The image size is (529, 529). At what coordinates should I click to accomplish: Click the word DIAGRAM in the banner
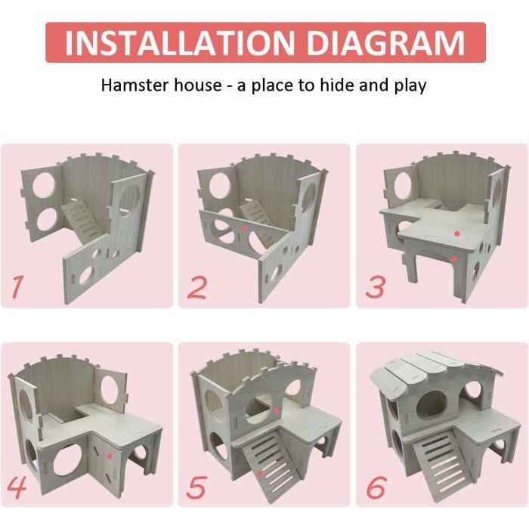[386, 43]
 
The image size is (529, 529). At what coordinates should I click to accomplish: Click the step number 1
[17, 286]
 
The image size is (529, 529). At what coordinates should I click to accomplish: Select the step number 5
[196, 487]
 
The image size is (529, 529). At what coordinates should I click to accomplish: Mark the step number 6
[376, 487]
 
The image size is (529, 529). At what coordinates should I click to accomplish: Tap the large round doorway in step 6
[432, 404]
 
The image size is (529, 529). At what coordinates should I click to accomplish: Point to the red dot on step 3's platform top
[457, 233]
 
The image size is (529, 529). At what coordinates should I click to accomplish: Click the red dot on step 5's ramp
[260, 473]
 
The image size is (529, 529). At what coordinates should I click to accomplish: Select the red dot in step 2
[243, 228]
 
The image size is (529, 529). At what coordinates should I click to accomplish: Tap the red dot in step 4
[109, 456]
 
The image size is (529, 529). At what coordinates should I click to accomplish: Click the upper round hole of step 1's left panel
[44, 186]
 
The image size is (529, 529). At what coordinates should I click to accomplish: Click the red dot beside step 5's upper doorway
[277, 411]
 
